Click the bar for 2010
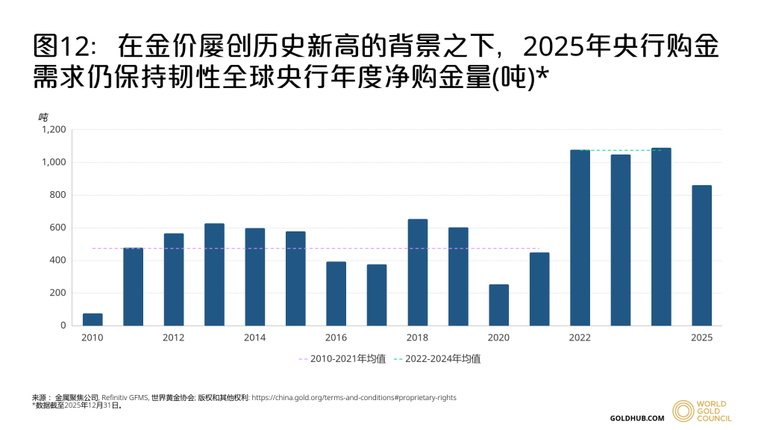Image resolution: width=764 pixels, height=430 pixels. pyautogui.click(x=93, y=320)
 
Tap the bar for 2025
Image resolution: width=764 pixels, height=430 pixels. pyautogui.click(x=701, y=255)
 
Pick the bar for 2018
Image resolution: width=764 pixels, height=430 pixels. pyautogui.click(x=417, y=272)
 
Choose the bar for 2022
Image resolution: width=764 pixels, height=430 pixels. pyautogui.click(x=580, y=237)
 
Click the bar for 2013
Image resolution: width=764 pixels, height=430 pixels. pyautogui.click(x=214, y=275)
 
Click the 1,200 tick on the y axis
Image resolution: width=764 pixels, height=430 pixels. pyautogui.click(x=54, y=129)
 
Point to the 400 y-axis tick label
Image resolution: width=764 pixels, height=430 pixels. pyautogui.click(x=58, y=261)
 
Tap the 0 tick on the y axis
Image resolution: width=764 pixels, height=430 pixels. pyautogui.click(x=63, y=325)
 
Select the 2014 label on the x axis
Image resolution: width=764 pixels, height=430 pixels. pyautogui.click(x=254, y=337)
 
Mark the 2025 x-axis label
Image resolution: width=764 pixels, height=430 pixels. pyautogui.click(x=701, y=337)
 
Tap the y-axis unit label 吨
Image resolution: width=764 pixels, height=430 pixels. pyautogui.click(x=43, y=116)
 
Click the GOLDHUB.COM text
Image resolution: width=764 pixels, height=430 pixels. pyautogui.click(x=637, y=418)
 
